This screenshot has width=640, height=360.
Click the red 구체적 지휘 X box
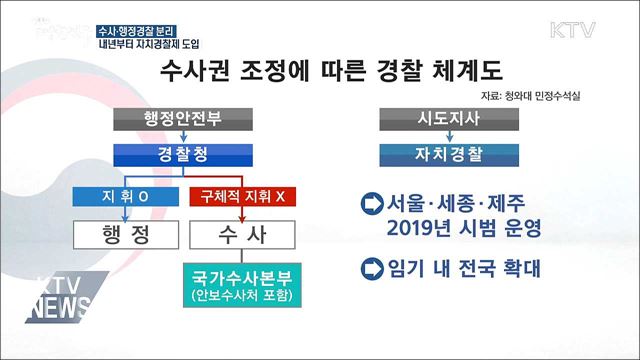click(242, 196)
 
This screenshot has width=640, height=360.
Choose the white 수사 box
click(241, 234)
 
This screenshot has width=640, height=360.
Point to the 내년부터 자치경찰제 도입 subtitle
click(148, 42)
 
